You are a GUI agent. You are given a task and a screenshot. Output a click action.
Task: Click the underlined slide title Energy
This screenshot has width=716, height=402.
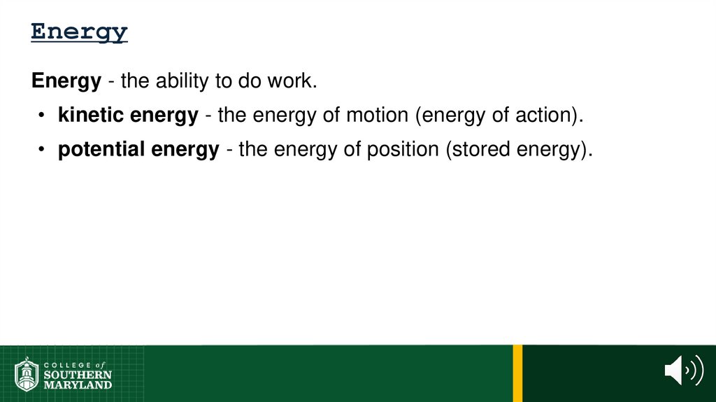click(x=79, y=32)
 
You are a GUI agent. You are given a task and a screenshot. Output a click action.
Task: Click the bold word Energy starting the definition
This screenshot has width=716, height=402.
click(x=66, y=82)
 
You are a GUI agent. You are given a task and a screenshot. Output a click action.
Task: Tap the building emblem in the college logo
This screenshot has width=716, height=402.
click(x=27, y=375)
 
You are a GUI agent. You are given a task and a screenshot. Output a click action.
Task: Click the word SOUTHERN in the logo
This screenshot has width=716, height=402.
click(x=78, y=375)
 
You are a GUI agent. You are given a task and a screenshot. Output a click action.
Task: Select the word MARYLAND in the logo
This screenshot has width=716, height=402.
click(x=78, y=384)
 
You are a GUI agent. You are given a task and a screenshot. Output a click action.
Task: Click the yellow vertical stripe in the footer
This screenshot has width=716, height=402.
click(x=517, y=373)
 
